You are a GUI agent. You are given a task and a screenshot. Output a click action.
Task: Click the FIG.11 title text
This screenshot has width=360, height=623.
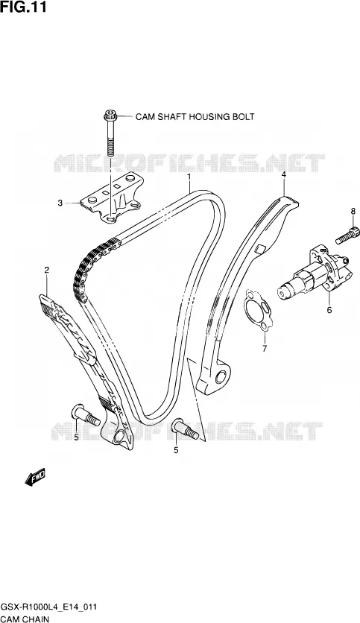pyautogui.click(x=23, y=7)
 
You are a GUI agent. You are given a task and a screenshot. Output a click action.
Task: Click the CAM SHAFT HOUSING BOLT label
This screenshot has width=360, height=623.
pyautogui.click(x=195, y=117)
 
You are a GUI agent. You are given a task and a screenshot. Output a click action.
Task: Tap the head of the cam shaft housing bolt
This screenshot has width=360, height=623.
pyautogui.click(x=110, y=116)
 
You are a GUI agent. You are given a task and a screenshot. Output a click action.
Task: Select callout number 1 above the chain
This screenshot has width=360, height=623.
pyautogui.click(x=189, y=176)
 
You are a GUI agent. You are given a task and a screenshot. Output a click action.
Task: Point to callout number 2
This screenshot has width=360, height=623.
pyautogui.click(x=47, y=271)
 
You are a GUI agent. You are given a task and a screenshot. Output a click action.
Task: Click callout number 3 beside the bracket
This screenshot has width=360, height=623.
pyautogui.click(x=60, y=203)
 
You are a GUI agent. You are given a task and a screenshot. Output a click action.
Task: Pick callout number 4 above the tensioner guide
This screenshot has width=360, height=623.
pyautogui.click(x=284, y=174)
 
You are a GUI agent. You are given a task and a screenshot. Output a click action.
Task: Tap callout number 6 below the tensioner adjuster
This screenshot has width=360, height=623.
pyautogui.click(x=329, y=310)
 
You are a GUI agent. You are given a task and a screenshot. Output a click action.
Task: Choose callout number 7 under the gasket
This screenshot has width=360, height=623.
pyautogui.click(x=265, y=349)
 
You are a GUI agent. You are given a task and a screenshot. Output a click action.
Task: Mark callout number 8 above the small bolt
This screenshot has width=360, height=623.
pyautogui.click(x=353, y=212)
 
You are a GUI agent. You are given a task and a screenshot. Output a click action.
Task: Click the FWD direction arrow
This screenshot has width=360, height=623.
pyautogui.click(x=35, y=476)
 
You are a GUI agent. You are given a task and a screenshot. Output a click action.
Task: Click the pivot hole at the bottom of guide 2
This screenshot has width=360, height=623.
pyautogui.click(x=119, y=437)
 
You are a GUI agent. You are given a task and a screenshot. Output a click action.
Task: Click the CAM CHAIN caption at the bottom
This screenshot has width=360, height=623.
pyautogui.click(x=25, y=619)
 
